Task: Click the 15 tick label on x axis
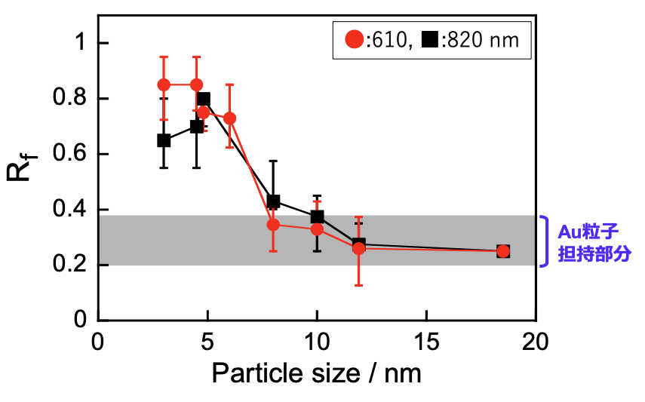tap(426, 340)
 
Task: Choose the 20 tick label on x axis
tap(536, 340)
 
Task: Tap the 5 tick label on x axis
tap(207, 340)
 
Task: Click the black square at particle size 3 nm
tap(164, 140)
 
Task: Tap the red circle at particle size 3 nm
tap(164, 84)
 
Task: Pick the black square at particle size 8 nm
tap(273, 201)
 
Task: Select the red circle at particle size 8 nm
tap(273, 225)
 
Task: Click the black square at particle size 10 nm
tap(317, 217)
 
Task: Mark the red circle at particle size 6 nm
tap(229, 118)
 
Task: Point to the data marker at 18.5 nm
tap(503, 251)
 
